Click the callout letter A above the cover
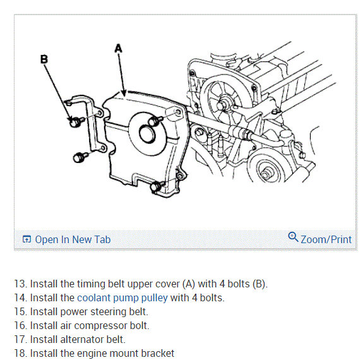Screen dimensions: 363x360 click(118, 49)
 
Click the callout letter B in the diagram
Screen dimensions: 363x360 click(44, 59)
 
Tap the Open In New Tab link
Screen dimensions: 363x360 click(73, 239)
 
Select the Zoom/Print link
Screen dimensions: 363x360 click(326, 239)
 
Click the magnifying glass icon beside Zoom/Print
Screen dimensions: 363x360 click(293, 237)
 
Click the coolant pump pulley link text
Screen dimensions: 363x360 click(122, 298)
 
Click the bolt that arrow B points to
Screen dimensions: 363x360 click(76, 122)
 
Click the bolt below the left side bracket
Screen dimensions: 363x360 click(80, 157)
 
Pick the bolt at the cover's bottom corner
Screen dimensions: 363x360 click(157, 186)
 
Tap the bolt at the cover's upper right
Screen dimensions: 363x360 click(155, 121)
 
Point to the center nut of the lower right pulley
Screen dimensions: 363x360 click(266, 174)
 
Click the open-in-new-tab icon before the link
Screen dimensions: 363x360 click(27, 239)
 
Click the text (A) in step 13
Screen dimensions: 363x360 click(189, 284)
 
